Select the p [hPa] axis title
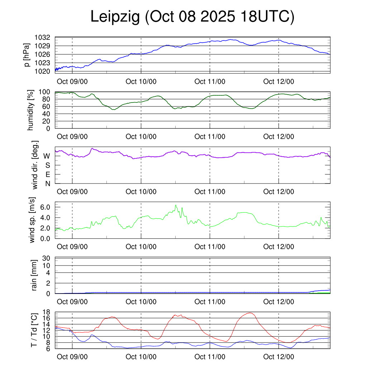click(x=27, y=54)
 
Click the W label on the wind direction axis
click(x=47, y=156)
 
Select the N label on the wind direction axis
click(x=47, y=183)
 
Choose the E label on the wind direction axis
click(x=47, y=175)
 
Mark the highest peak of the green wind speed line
click(x=176, y=205)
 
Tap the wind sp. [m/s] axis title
click(x=33, y=220)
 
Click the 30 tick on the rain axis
click(x=47, y=258)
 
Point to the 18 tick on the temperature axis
click(x=47, y=312)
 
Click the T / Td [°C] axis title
click(x=34, y=330)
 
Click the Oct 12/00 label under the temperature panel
click(x=278, y=357)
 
